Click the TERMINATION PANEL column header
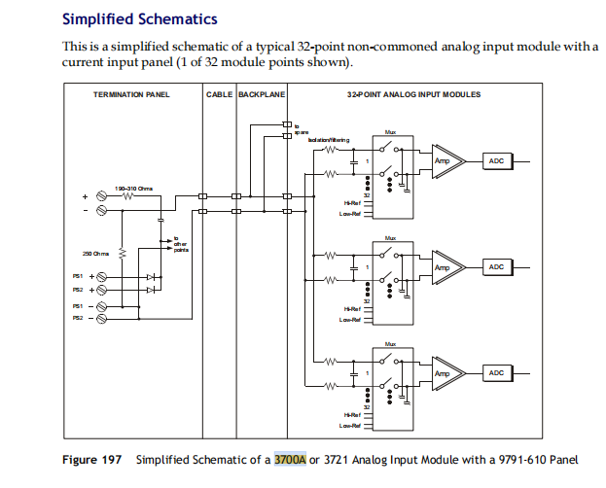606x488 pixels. click(x=133, y=94)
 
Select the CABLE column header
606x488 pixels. click(x=219, y=94)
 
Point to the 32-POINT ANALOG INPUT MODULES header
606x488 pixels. click(x=413, y=94)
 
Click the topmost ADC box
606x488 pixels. click(x=495, y=160)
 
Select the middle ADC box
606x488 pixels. click(x=495, y=266)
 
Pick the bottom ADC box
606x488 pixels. click(x=495, y=373)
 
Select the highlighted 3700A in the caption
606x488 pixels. click(x=290, y=459)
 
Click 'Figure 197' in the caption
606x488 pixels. click(x=91, y=459)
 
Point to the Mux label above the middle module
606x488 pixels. click(x=390, y=237)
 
